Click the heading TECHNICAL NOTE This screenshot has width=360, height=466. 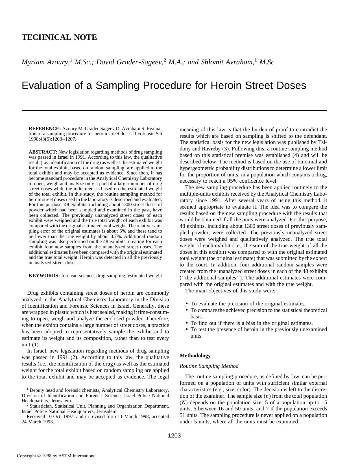tap(59, 37)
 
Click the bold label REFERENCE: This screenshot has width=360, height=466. tap(45, 129)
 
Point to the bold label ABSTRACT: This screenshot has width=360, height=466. tap(43, 152)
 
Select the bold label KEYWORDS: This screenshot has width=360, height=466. tap(44, 276)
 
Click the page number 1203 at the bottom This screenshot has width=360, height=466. tap(174, 436)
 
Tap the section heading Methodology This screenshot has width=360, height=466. tap(195, 356)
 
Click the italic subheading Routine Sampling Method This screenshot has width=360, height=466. tap(209, 366)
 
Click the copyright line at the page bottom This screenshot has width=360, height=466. tap(57, 456)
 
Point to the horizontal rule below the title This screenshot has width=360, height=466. tap(174, 110)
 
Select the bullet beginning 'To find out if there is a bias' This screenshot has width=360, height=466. tap(251, 323)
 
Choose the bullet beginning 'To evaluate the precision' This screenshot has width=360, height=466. tap(248, 304)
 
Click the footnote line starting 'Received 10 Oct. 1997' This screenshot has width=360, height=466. tap(95, 416)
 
